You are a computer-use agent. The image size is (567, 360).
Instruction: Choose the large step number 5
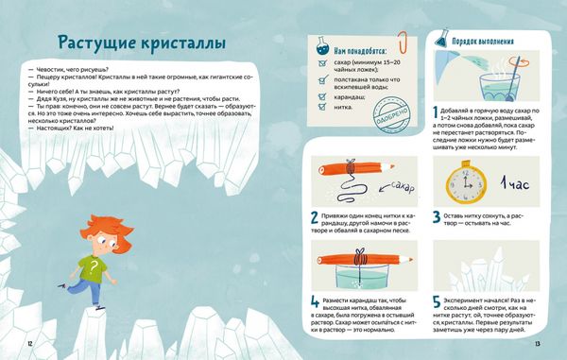click(436, 304)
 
